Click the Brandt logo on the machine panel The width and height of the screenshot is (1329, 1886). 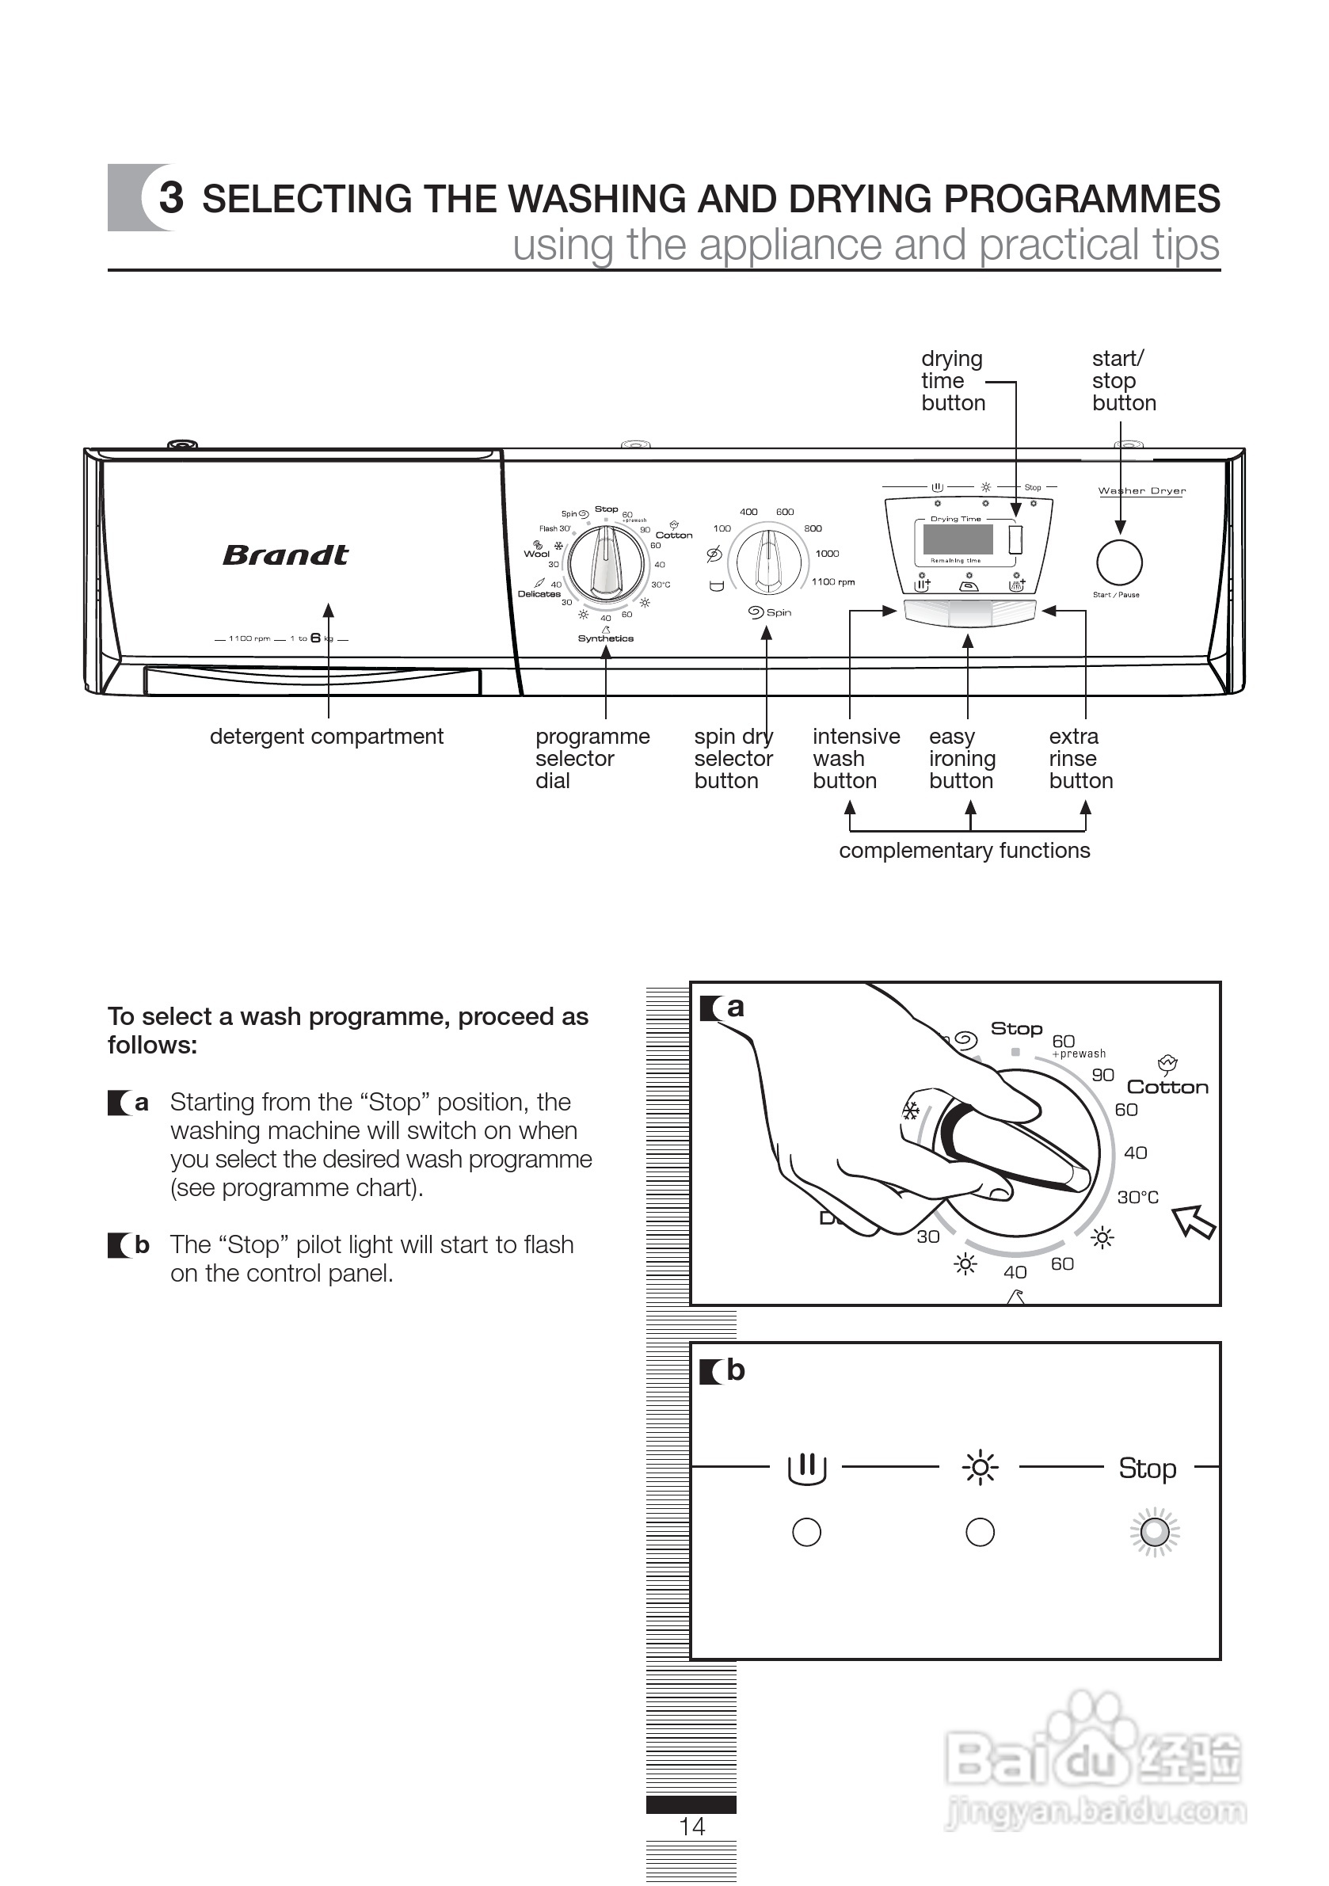pyautogui.click(x=285, y=555)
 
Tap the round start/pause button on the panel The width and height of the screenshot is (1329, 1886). pyautogui.click(x=1119, y=562)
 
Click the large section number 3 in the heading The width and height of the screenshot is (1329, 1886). pyautogui.click(x=171, y=197)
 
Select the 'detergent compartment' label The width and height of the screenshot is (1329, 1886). pyautogui.click(x=326, y=737)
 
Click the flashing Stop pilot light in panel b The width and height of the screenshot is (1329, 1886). pyautogui.click(x=1154, y=1531)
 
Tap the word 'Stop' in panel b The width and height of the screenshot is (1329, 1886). pyautogui.click(x=1147, y=1468)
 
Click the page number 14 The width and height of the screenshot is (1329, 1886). pyautogui.click(x=691, y=1826)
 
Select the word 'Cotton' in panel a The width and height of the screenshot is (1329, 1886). pyautogui.click(x=1167, y=1087)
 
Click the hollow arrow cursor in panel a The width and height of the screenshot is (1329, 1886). pyautogui.click(x=1193, y=1221)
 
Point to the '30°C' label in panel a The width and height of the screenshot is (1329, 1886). pyautogui.click(x=1137, y=1197)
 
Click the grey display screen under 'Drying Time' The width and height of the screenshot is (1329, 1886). pyautogui.click(x=958, y=539)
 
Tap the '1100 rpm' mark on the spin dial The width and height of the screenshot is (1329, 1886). pyautogui.click(x=833, y=581)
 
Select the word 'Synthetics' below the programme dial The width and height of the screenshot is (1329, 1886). pyautogui.click(x=605, y=638)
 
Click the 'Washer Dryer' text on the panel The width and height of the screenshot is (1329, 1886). pyautogui.click(x=1142, y=491)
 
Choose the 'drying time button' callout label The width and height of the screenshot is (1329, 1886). pyautogui.click(x=952, y=381)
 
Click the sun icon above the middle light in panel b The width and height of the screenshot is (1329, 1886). pyautogui.click(x=979, y=1467)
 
